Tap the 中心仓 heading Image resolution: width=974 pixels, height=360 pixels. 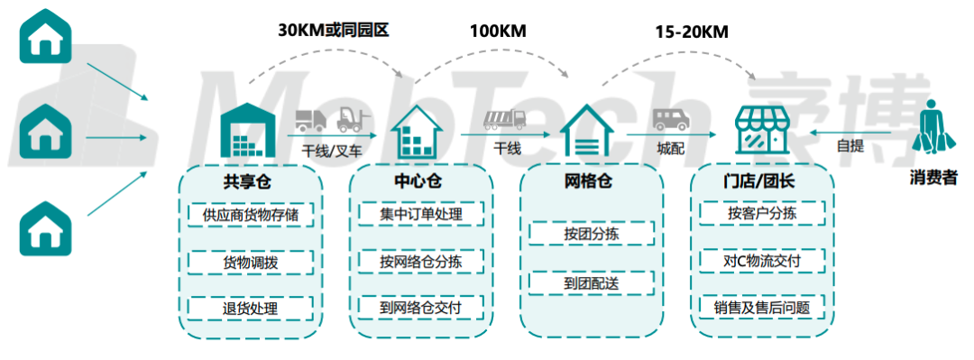418,182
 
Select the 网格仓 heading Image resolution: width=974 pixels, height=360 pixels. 588,182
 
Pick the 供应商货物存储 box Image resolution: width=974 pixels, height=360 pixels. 250,216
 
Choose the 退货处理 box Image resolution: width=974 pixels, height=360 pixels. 250,308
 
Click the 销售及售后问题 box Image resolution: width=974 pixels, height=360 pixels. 762,308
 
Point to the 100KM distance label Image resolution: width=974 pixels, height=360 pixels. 497,32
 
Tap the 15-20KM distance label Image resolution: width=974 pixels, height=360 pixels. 692,32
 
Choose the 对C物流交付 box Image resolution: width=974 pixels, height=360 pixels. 762,262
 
